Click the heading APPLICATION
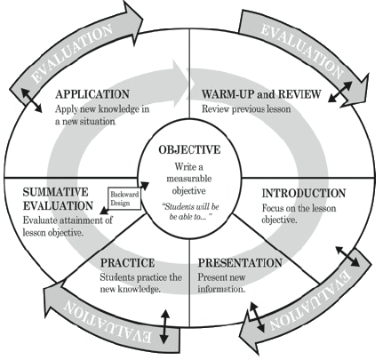coord(92,94)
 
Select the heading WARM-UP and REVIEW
coord(261,94)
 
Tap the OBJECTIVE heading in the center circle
coord(189,149)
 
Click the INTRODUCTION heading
coord(304,193)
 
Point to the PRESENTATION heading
coord(240,263)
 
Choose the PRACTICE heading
coord(128,263)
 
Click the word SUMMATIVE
coord(56,192)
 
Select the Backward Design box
coord(124,198)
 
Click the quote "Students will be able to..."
coord(191,212)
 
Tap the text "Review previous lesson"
coord(246,109)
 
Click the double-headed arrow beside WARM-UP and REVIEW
coord(340,92)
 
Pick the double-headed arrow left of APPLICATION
coord(31,100)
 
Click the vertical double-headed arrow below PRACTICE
coord(164,326)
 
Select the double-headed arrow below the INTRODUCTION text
coord(347,256)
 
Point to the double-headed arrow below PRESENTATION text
coord(257,317)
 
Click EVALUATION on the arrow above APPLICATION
coord(72,53)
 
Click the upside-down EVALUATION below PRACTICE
coord(108,322)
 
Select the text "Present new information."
coord(221,284)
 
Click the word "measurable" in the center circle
coord(189,179)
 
